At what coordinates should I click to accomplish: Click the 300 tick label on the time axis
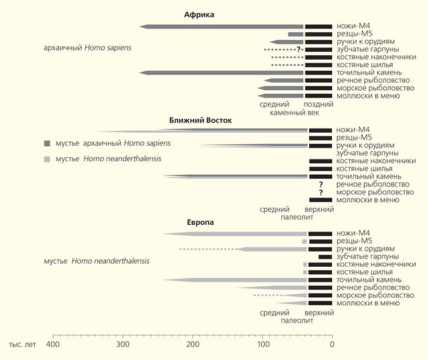[124, 345]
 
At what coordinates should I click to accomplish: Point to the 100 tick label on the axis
[263, 345]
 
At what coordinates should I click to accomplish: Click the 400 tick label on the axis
[53, 345]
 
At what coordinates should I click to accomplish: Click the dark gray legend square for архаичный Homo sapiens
[47, 143]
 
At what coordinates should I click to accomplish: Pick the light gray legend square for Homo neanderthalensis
[47, 159]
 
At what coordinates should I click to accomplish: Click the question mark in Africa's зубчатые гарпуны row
[298, 49]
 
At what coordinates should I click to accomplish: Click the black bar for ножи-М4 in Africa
[318, 26]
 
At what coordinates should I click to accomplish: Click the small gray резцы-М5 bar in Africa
[295, 34]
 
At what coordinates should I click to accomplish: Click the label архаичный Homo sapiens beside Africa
[88, 47]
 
